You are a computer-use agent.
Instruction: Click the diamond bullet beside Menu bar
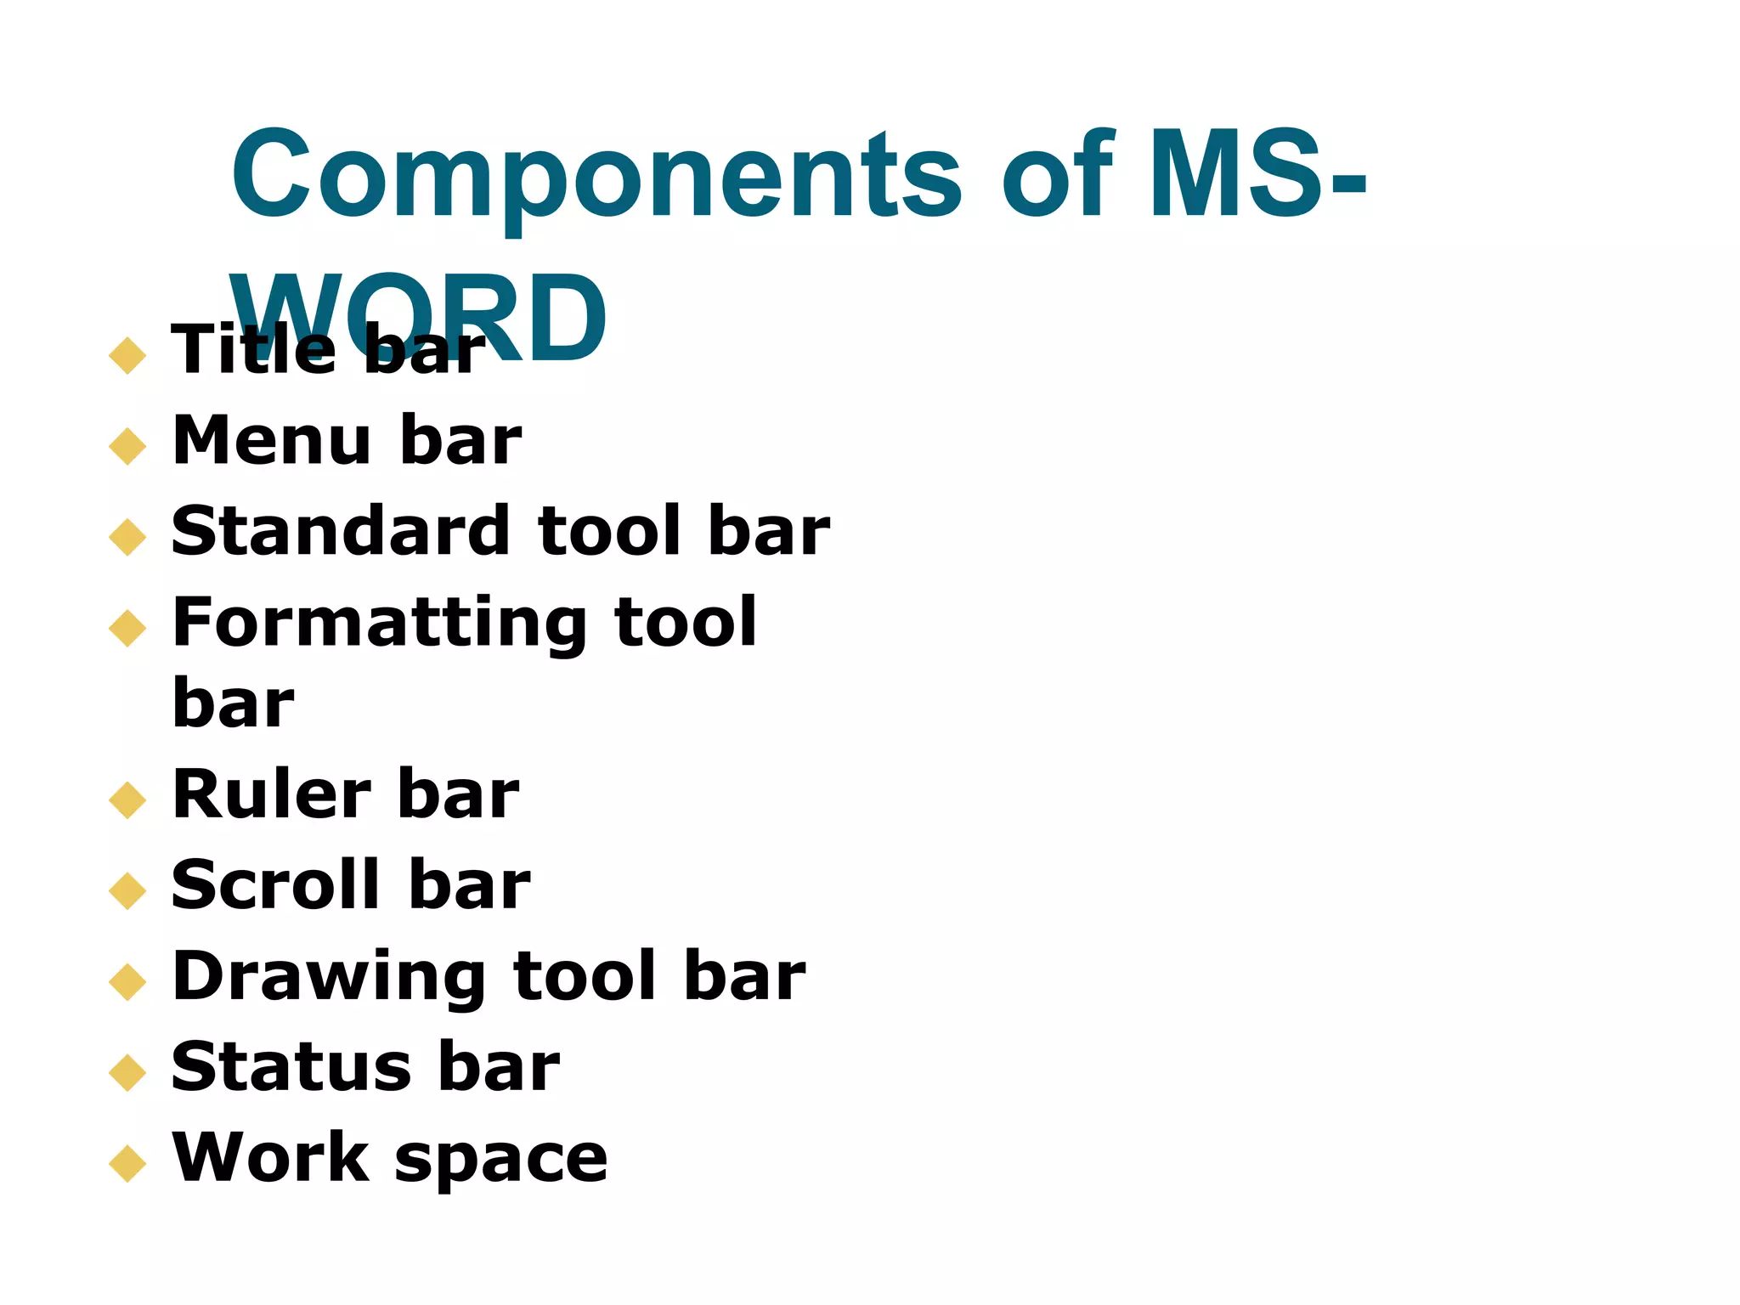pos(128,445)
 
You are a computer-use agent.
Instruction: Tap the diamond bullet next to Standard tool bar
pos(128,537)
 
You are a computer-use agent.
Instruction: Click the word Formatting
pos(379,624)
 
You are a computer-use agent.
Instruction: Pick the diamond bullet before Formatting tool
pos(128,628)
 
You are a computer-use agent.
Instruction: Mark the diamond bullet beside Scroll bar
pos(128,890)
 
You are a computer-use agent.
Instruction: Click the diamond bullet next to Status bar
pos(128,1072)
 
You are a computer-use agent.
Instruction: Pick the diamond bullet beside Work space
pos(128,1163)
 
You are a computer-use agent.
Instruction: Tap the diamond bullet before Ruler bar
pos(128,800)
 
